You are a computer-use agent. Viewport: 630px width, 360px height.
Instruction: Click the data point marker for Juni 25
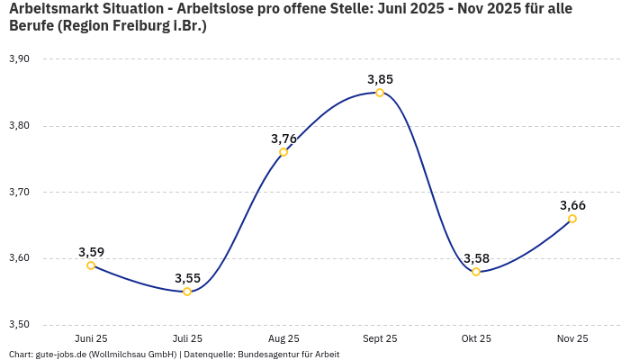pos(91,265)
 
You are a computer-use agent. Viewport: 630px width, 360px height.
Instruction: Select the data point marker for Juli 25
pos(187,292)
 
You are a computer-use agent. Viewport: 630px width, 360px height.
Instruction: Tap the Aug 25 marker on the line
pos(283,152)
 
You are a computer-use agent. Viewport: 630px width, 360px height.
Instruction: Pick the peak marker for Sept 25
pos(380,93)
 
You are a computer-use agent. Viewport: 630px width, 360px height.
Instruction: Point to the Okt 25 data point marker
pos(476,272)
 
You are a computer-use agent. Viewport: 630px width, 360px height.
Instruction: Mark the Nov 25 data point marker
pos(572,219)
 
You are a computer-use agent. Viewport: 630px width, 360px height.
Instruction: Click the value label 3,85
pos(380,79)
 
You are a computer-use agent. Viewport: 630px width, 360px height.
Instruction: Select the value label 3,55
pos(187,278)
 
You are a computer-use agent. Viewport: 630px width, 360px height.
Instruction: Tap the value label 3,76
pos(283,139)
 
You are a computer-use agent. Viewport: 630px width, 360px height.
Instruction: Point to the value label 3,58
pos(476,258)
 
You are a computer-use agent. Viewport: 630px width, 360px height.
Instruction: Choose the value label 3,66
pos(573,205)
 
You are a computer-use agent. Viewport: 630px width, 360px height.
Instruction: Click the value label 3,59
pos(92,252)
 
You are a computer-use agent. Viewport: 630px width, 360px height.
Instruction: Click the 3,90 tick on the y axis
pos(19,59)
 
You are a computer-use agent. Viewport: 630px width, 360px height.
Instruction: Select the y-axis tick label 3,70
pos(19,193)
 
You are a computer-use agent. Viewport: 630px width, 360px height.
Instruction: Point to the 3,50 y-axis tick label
pos(19,325)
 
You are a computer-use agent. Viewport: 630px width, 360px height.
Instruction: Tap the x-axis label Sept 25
pos(380,339)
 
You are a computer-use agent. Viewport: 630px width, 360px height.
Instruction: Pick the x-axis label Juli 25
pos(187,339)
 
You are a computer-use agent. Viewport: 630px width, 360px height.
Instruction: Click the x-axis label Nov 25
pos(572,339)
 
